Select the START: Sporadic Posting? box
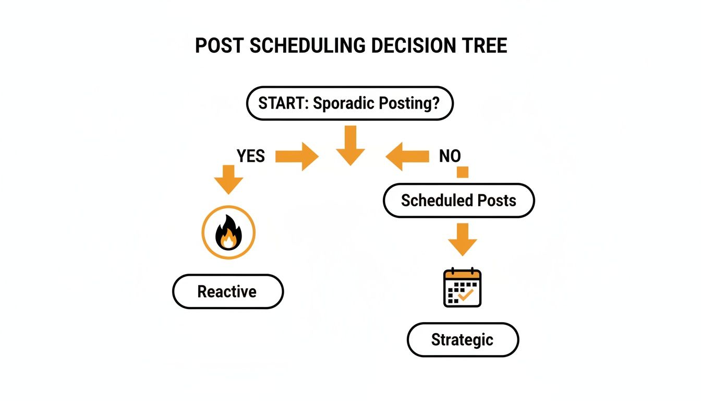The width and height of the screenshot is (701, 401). tap(349, 103)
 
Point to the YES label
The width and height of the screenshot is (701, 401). tap(251, 156)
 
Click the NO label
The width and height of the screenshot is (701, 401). tap(450, 156)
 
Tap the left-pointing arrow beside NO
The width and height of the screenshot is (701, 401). tap(407, 156)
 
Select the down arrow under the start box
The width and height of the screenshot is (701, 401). tap(350, 145)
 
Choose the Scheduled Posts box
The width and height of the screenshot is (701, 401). tap(458, 200)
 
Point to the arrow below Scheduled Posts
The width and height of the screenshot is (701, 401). tap(462, 239)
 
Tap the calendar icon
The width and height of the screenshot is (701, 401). tap(462, 288)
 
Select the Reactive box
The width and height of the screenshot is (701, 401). tap(228, 291)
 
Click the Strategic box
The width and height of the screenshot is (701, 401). tap(463, 340)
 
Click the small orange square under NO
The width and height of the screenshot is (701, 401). tap(463, 172)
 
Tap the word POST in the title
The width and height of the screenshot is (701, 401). tap(220, 46)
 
